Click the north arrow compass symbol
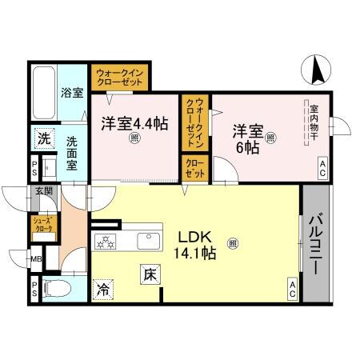(x=316, y=70)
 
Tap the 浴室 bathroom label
(x=72, y=92)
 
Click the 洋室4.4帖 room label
(x=134, y=124)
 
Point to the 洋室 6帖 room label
(x=247, y=138)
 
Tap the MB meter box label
(x=36, y=259)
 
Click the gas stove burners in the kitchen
(x=106, y=242)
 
